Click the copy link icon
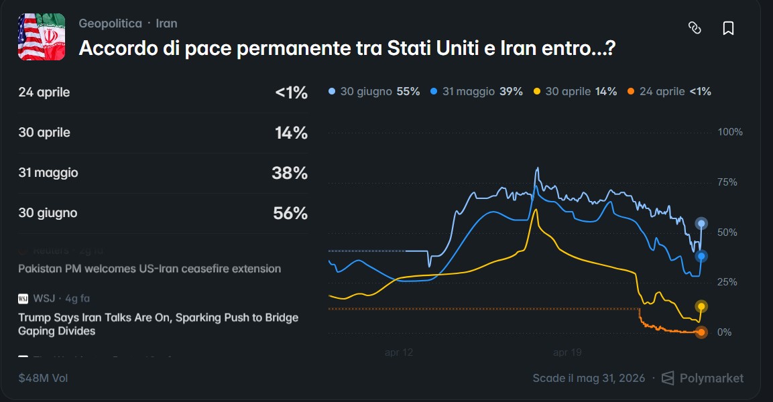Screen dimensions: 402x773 [695, 28]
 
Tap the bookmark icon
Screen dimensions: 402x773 [728, 28]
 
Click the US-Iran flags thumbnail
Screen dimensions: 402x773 [42, 37]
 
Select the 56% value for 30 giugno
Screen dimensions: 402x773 [290, 214]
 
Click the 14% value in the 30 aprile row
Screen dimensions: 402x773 [291, 133]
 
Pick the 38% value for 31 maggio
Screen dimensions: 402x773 [290, 174]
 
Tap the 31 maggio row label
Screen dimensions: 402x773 [48, 173]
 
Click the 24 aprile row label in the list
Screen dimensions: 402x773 [44, 92]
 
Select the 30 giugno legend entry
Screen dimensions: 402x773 [374, 91]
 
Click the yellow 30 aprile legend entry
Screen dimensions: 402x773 [575, 91]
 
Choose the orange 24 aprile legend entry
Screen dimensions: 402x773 [669, 91]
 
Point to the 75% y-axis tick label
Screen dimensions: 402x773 [727, 182]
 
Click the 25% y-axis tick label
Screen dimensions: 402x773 [727, 282]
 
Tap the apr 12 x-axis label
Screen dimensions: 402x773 [399, 352]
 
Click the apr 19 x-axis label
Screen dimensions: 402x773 [567, 352]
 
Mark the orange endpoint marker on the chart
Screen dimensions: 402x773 [701, 332]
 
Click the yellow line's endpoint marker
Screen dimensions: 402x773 [701, 307]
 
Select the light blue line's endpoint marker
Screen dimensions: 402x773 [701, 224]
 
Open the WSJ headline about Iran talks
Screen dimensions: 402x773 [158, 324]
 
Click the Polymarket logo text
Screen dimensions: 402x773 [711, 378]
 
